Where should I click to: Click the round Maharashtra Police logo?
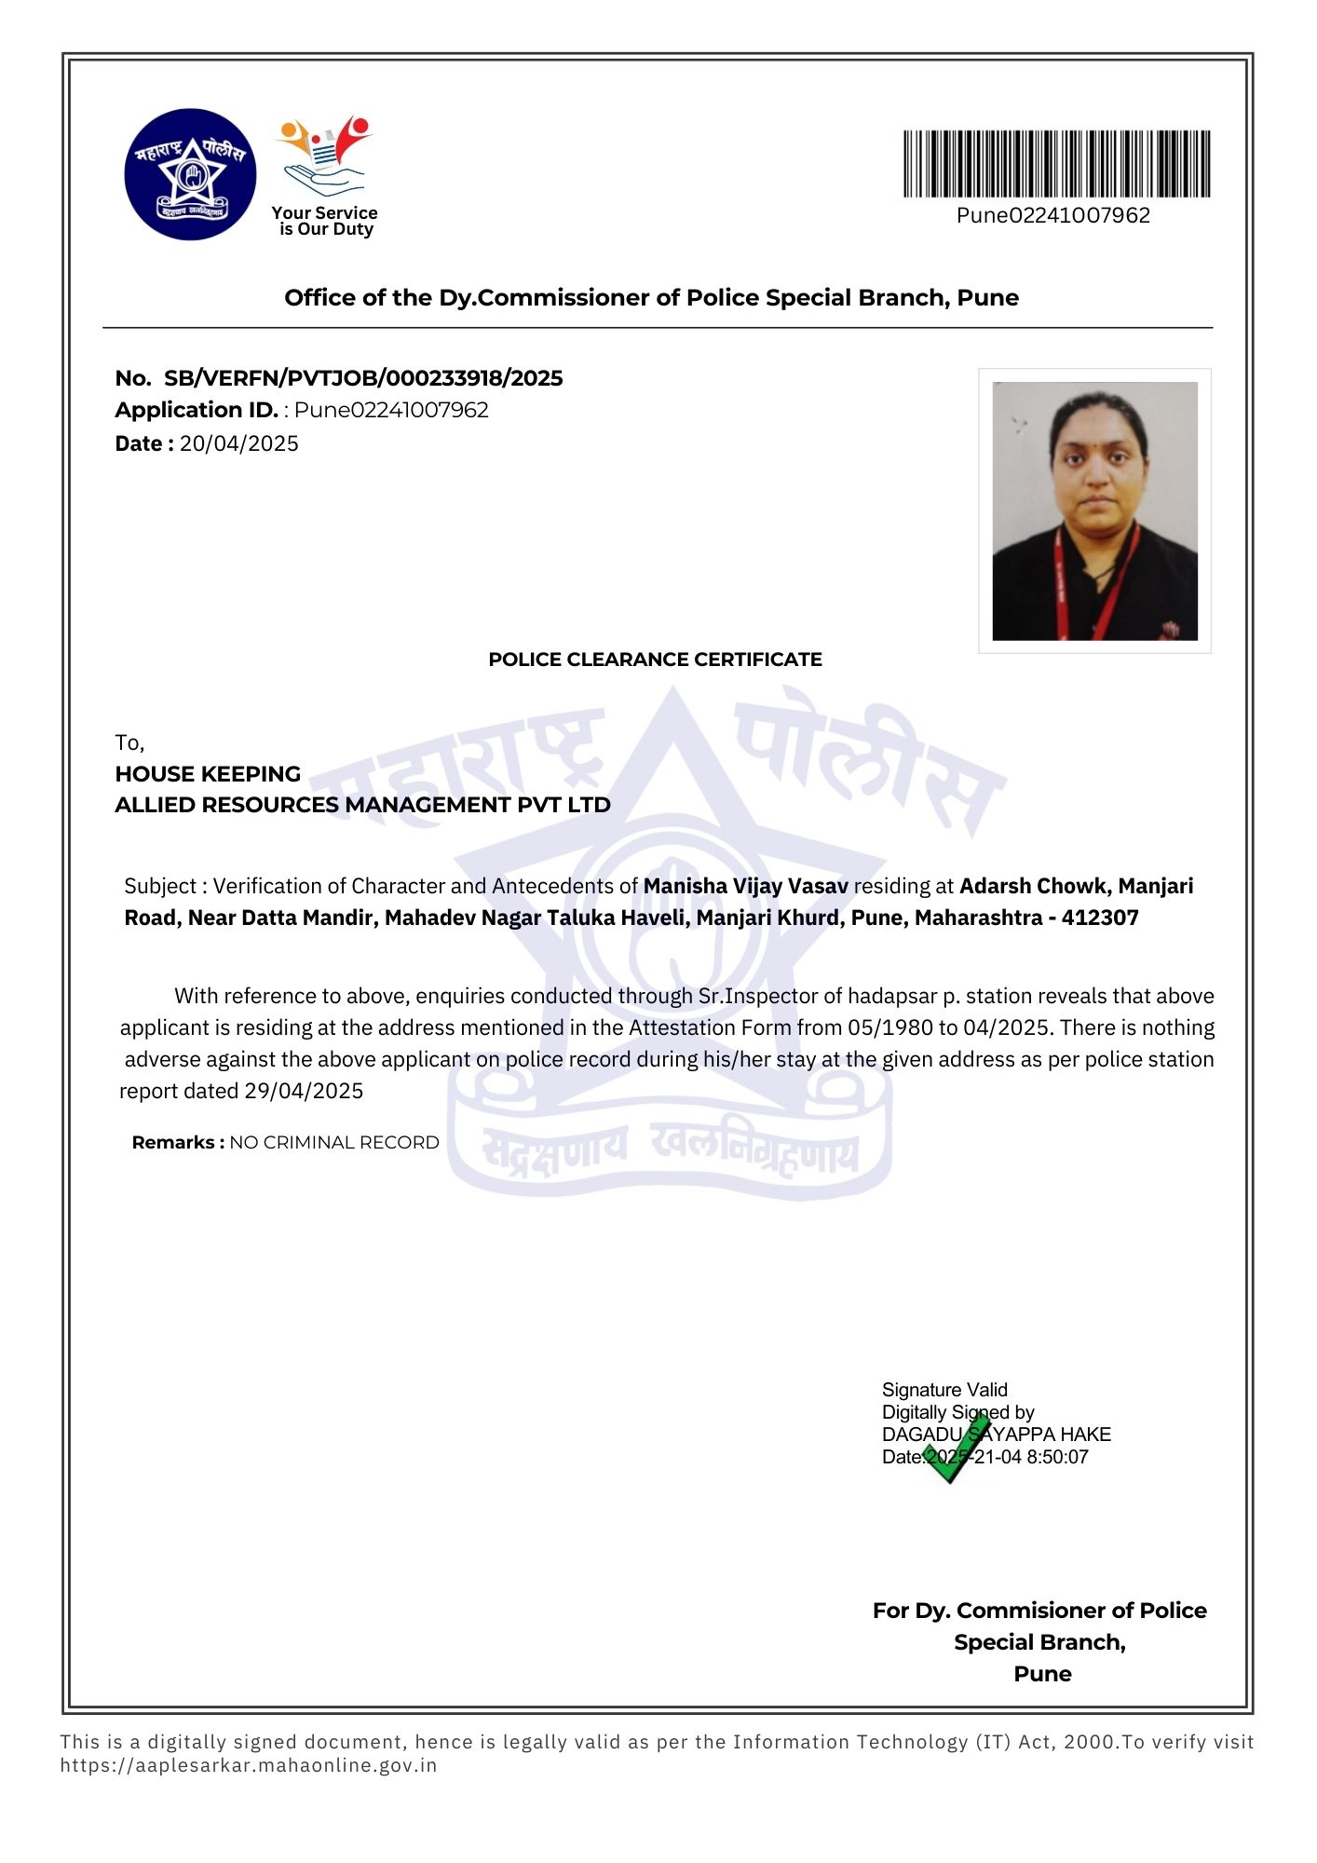(190, 174)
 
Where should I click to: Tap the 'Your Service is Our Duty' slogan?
(325, 221)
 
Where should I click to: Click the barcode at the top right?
(1056, 164)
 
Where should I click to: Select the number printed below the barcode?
(1053, 215)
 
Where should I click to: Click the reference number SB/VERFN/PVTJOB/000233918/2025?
(363, 378)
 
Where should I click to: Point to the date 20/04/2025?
(239, 443)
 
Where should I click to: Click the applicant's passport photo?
(1094, 510)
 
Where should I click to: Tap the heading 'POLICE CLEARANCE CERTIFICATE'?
(655, 660)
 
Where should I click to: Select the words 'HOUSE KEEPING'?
(208, 774)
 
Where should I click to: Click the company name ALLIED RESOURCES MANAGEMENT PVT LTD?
(362, 805)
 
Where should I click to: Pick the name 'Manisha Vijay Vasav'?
(745, 886)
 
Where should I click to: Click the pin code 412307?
(1100, 918)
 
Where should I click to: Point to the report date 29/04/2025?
(304, 1091)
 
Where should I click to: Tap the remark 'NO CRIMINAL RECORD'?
(334, 1142)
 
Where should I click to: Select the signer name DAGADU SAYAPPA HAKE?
(997, 1435)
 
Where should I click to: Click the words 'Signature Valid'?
(944, 1390)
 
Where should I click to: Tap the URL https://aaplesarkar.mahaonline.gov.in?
(249, 1764)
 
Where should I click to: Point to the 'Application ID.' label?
(197, 410)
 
